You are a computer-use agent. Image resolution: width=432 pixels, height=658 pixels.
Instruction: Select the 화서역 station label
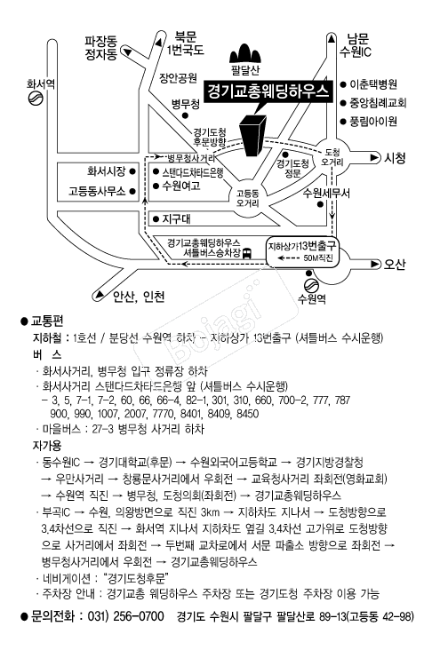[x=41, y=84]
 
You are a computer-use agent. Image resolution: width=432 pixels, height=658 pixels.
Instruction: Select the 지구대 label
[x=178, y=218]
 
